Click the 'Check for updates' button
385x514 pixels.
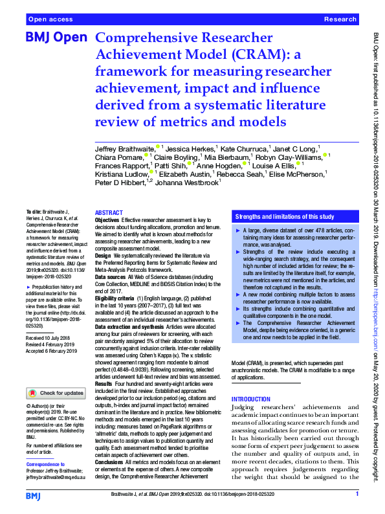56,392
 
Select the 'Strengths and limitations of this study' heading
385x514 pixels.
284,216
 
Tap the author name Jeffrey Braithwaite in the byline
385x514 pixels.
124,150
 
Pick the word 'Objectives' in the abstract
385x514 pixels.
107,221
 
